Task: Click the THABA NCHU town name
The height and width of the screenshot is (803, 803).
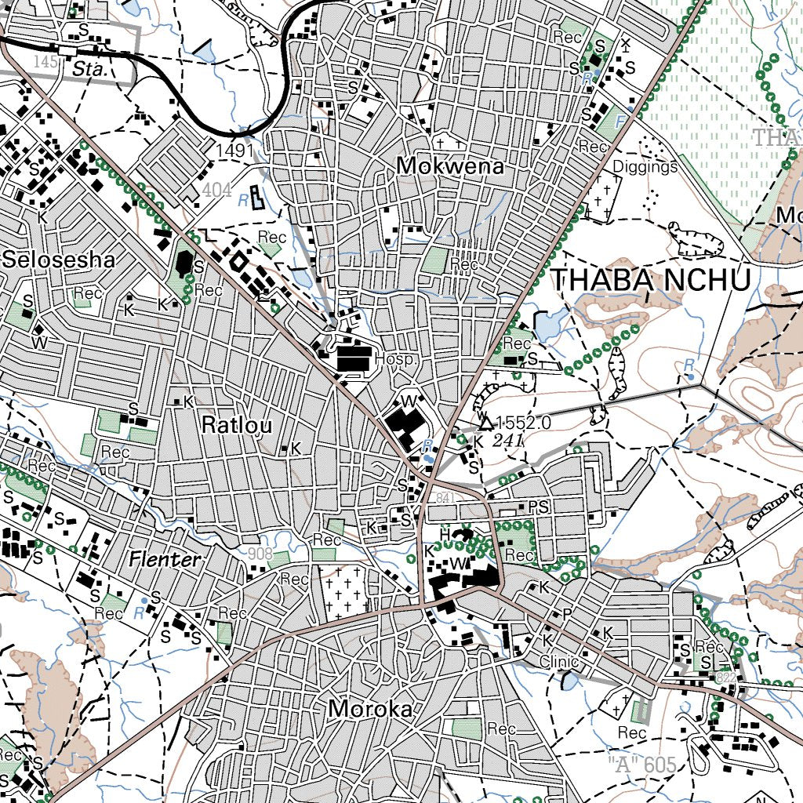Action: (x=651, y=280)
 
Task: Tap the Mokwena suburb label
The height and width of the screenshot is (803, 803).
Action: (x=450, y=166)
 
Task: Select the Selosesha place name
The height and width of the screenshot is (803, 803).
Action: (x=59, y=260)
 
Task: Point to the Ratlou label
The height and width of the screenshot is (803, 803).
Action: (x=237, y=426)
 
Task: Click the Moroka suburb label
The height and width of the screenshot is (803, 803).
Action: (x=371, y=709)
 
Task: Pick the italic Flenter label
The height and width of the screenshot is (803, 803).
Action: (x=165, y=560)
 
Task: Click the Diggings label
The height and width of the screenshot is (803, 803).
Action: (x=645, y=166)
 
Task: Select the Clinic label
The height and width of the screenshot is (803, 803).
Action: (x=558, y=663)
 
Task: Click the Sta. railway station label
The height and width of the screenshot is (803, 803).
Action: (x=88, y=69)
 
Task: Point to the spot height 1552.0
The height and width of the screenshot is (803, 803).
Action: (x=524, y=423)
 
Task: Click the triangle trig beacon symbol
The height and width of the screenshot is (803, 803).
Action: (x=485, y=424)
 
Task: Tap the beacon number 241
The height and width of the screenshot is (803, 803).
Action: (x=509, y=441)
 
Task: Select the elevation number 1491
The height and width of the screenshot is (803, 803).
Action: (x=236, y=150)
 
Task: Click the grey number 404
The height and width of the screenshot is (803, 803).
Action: (x=216, y=190)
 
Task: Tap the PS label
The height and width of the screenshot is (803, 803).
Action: (x=538, y=507)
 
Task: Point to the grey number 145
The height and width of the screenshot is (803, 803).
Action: (x=46, y=62)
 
